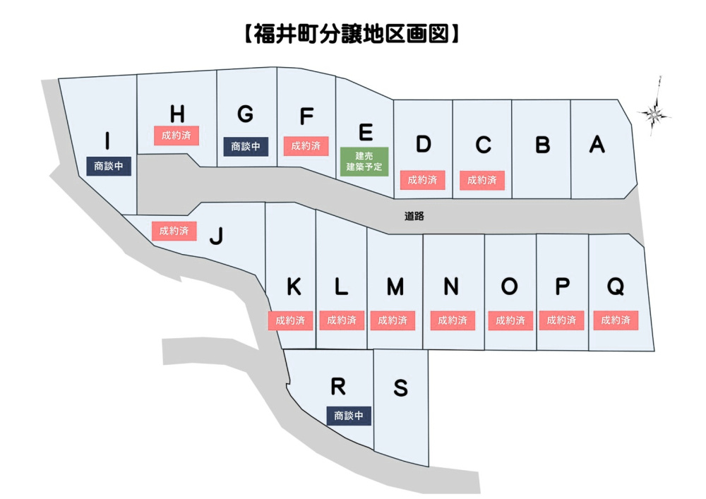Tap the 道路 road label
(x=414, y=216)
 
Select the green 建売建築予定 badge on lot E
(x=364, y=162)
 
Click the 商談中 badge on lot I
(x=108, y=167)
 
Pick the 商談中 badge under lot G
(x=246, y=146)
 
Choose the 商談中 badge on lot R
(x=349, y=416)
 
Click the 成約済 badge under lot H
(x=176, y=135)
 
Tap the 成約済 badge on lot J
(x=174, y=230)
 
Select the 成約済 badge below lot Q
(x=616, y=320)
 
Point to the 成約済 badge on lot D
(x=423, y=180)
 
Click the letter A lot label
(x=597, y=144)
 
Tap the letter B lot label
(x=542, y=145)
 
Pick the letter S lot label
(x=400, y=388)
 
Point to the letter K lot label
(x=294, y=287)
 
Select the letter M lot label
(x=395, y=287)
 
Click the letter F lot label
(x=306, y=116)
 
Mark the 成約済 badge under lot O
(x=510, y=320)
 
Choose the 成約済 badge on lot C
(x=482, y=180)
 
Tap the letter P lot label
(x=562, y=287)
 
